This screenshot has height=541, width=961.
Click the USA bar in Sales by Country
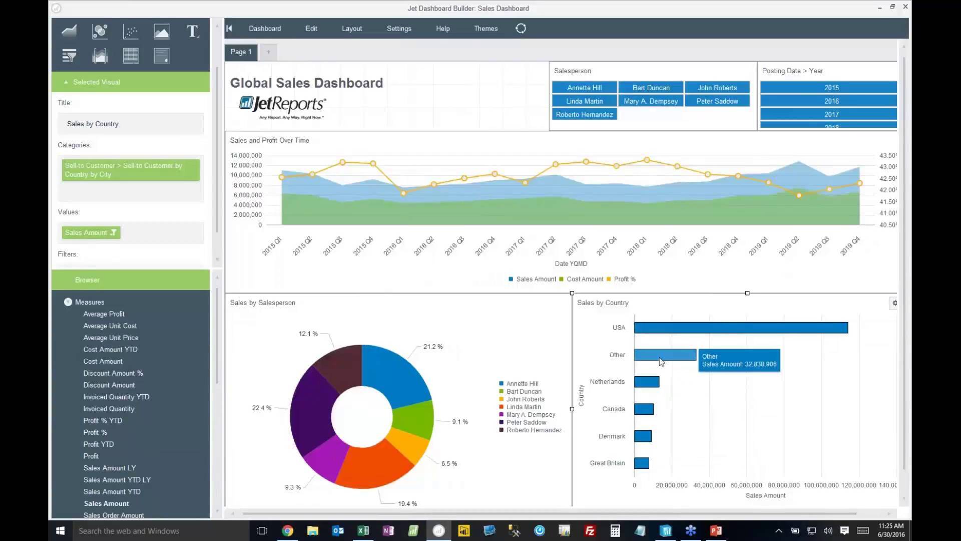tap(741, 328)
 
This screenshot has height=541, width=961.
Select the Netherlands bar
tap(646, 382)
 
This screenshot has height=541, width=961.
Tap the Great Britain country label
tap(607, 463)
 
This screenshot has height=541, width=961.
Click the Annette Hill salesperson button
tap(584, 88)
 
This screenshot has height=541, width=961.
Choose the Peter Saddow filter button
tap(717, 101)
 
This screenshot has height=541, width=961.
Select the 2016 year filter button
tap(831, 101)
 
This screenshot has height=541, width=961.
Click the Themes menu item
tap(486, 29)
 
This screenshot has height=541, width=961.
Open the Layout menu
tap(351, 29)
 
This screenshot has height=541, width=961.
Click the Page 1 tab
tap(241, 52)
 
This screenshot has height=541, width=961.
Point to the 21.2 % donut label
tap(432, 347)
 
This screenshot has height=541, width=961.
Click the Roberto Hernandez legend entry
tap(534, 430)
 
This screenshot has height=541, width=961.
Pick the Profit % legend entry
tap(624, 279)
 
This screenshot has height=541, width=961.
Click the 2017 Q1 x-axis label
tap(515, 246)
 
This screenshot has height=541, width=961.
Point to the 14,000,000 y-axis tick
tap(246, 155)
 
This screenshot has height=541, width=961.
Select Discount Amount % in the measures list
tap(113, 373)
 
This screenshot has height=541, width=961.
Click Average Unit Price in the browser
tap(111, 338)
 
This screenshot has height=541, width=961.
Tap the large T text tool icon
tap(192, 32)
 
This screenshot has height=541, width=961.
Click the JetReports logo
tap(282, 106)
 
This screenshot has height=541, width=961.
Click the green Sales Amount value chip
tap(91, 232)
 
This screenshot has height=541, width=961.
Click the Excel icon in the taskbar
tap(363, 530)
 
